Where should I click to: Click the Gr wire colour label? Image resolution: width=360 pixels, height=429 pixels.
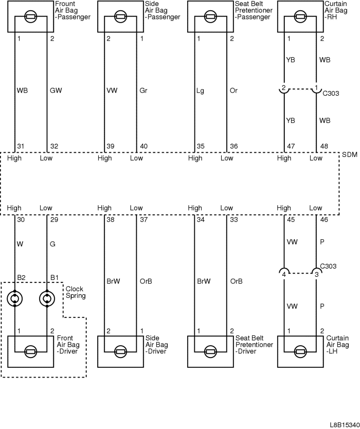pyautogui.click(x=144, y=91)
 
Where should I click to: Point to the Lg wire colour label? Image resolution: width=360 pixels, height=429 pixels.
pyautogui.click(x=201, y=91)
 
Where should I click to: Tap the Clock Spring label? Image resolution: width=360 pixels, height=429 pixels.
pyautogui.click(x=75, y=293)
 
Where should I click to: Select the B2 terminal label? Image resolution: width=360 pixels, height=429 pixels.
pyautogui.click(x=21, y=277)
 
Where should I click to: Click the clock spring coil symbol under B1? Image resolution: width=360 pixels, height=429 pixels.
pyautogui.click(x=47, y=299)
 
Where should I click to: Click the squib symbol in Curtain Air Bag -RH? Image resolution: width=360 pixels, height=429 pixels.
pyautogui.click(x=300, y=16)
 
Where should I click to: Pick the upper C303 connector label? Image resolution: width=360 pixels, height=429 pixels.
pyautogui.click(x=330, y=94)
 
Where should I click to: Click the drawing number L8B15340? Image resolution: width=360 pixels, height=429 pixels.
pyautogui.click(x=344, y=424)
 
